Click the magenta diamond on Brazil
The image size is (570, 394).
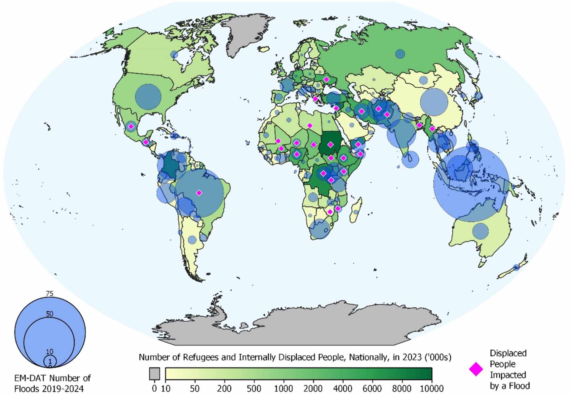pyautogui.click(x=199, y=193)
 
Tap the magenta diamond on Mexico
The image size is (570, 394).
pyautogui.click(x=131, y=126)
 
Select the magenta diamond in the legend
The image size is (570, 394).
pyautogui.click(x=476, y=369)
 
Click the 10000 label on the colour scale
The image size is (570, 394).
pyautogui.click(x=432, y=388)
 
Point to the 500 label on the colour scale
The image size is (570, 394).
pyautogui.click(x=253, y=388)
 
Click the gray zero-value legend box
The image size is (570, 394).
pyautogui.click(x=154, y=374)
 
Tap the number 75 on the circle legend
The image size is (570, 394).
pyautogui.click(x=50, y=294)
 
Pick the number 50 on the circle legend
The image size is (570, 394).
pyautogui.click(x=50, y=314)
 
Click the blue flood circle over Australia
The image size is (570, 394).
pyautogui.click(x=480, y=231)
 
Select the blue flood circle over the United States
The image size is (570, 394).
pyautogui.click(x=148, y=97)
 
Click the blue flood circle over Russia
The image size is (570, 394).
pyautogui.click(x=400, y=54)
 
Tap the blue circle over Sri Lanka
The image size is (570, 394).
pyautogui.click(x=410, y=159)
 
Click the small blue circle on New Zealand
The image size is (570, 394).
pyautogui.click(x=516, y=267)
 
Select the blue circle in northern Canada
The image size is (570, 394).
pyautogui.click(x=174, y=55)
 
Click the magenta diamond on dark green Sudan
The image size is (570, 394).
pyautogui.click(x=330, y=145)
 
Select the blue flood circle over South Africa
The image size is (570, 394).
pyautogui.click(x=320, y=229)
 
